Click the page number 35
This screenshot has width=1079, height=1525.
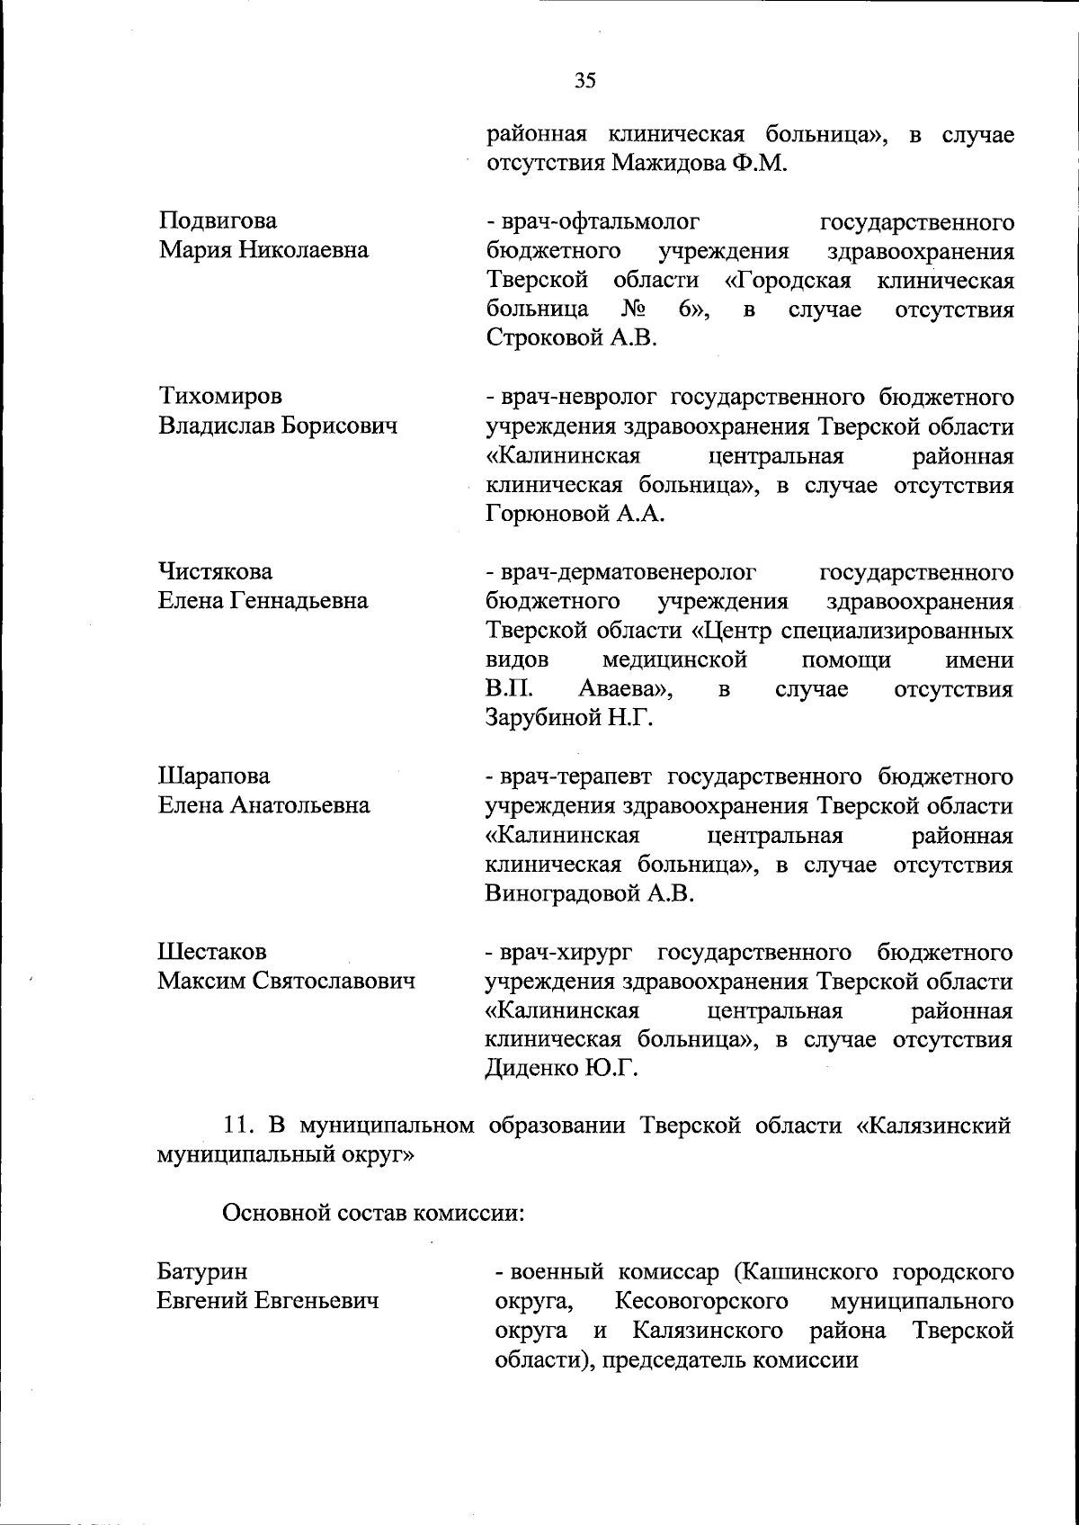tap(584, 81)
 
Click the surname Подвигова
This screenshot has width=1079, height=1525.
tap(218, 221)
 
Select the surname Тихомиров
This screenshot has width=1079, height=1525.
tap(220, 397)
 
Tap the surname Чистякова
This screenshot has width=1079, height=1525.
tap(216, 572)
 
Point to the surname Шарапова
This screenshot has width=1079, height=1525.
tap(214, 776)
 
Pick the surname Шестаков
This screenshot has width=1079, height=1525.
tap(212, 951)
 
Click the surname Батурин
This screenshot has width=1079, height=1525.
tap(203, 1271)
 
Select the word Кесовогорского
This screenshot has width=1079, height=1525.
tap(702, 1301)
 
